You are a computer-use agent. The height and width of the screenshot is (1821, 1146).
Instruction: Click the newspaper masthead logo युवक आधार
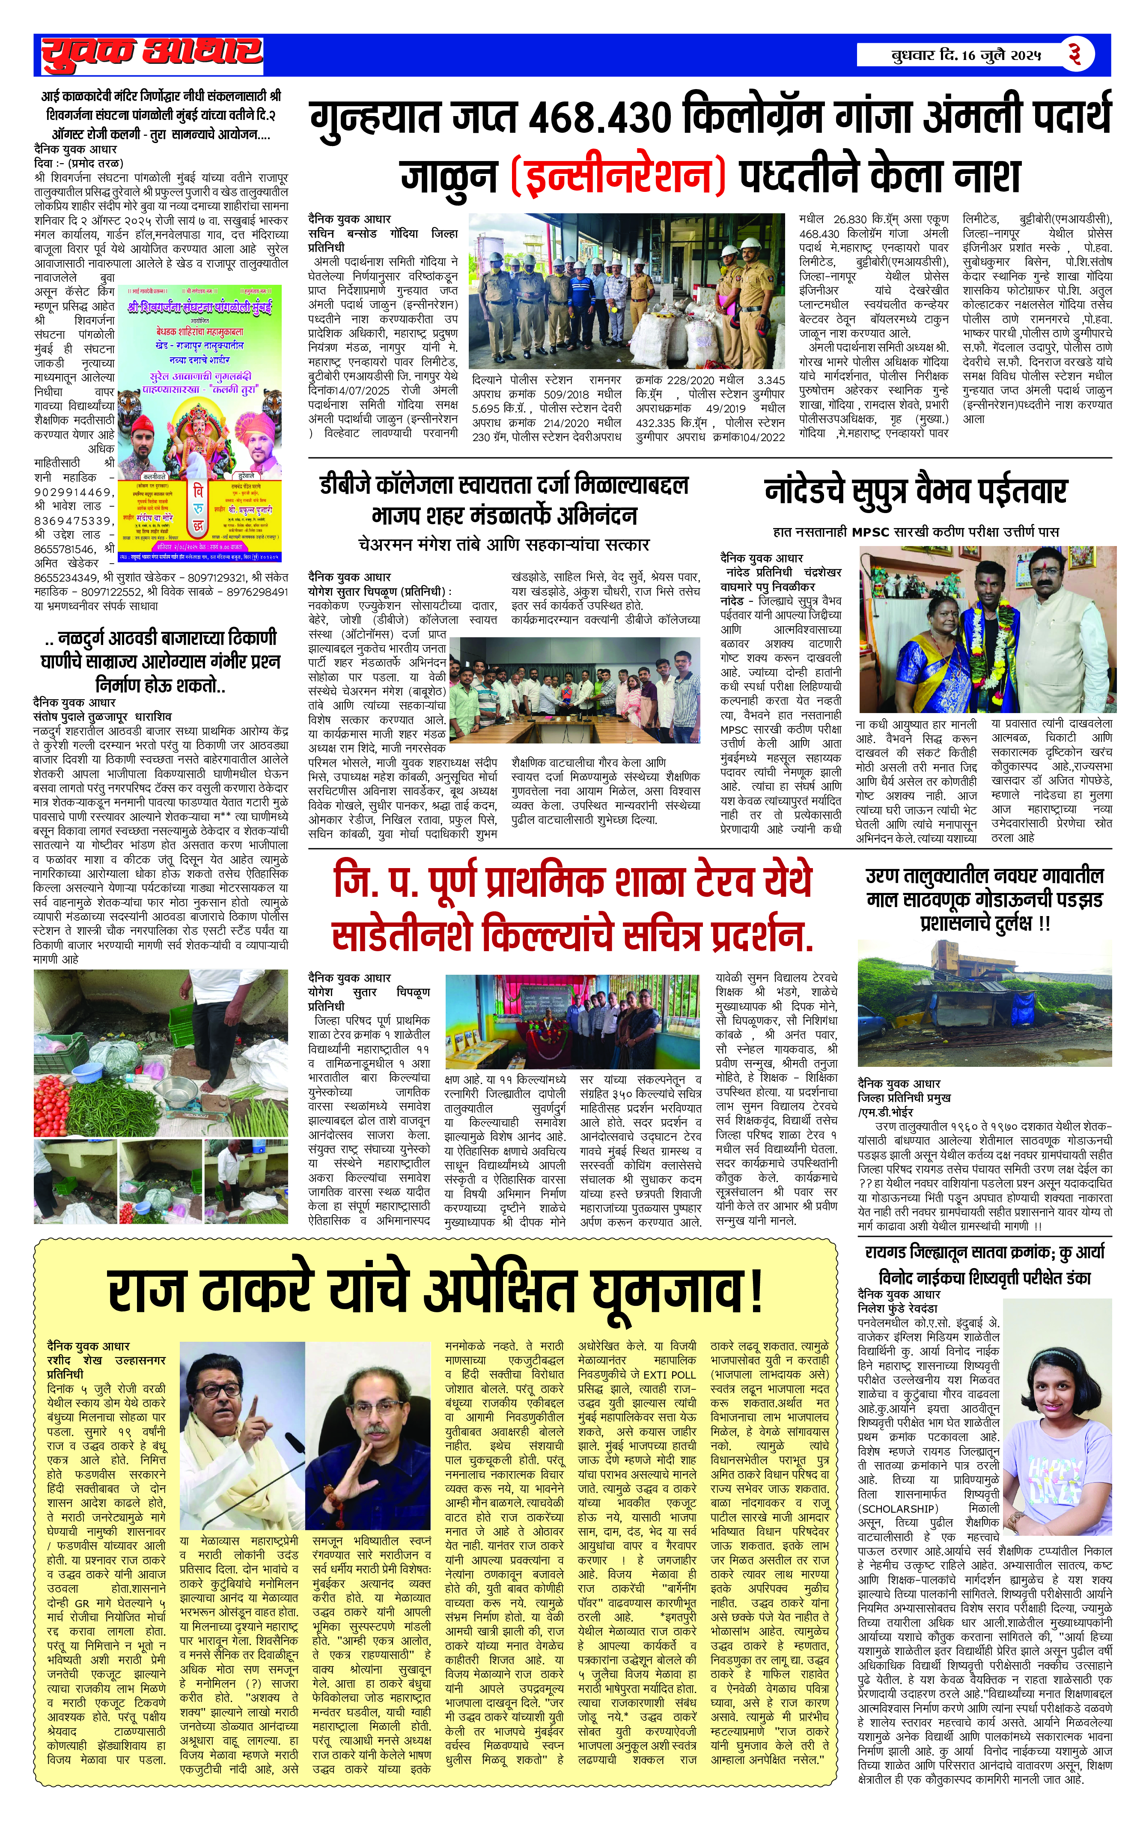[x=151, y=53]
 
